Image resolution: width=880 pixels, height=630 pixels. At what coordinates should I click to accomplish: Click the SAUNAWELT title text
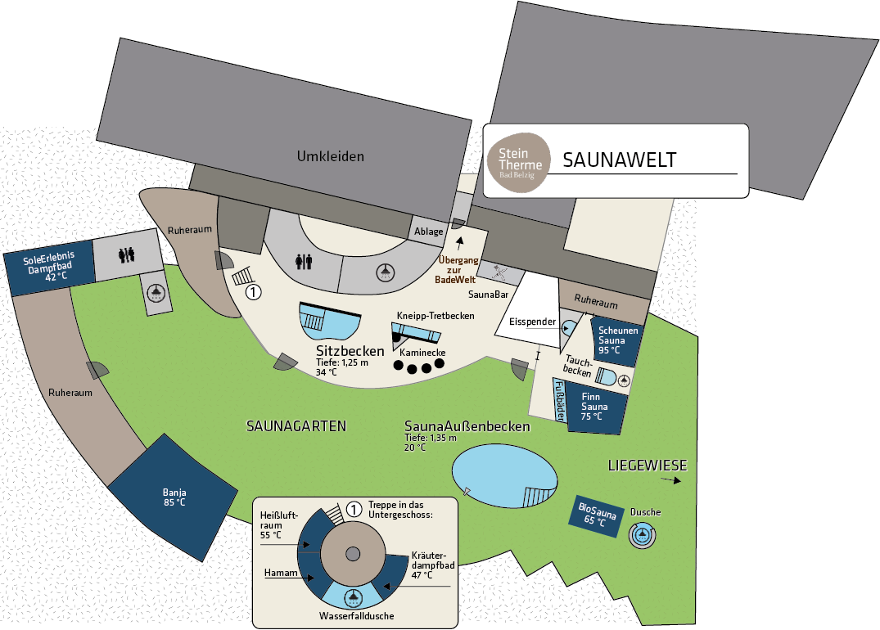point(620,160)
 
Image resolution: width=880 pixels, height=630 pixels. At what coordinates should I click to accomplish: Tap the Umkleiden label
point(330,156)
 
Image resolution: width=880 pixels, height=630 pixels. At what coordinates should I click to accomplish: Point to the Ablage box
point(428,232)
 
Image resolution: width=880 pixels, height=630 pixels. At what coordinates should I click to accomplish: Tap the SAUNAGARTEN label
point(296,426)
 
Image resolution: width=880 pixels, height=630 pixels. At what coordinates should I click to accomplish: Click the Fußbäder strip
point(561,400)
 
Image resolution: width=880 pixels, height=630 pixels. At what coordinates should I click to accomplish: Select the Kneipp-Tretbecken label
point(435,316)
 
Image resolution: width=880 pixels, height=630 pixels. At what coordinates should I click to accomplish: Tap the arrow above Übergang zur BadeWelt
point(459,241)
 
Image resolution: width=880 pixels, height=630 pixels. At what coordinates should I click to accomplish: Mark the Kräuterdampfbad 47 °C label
point(433,565)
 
